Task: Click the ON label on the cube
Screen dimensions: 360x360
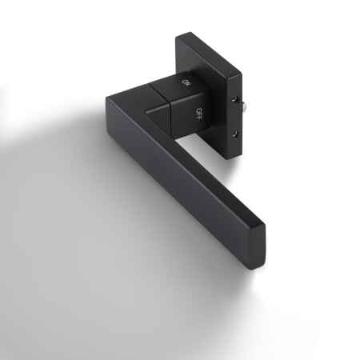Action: tap(186, 82)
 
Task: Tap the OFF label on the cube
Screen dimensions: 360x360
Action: tap(198, 111)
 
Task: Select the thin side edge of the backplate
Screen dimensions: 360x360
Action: tap(234, 112)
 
